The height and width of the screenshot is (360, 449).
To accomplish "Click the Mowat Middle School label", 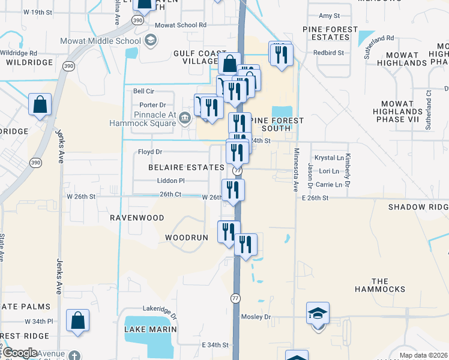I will point(100,40).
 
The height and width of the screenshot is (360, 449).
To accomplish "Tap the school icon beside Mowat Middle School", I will point(151,40).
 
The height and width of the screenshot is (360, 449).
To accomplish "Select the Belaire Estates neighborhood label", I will point(187,167).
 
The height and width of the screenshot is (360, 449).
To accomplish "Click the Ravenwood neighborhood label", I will point(137,218).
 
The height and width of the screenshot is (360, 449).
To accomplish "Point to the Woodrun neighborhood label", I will point(187,238).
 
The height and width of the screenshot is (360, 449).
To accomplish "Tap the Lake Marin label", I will point(151,329).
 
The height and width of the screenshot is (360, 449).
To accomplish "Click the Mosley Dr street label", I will point(256,316).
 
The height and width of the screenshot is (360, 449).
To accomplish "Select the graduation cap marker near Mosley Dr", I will point(318,314).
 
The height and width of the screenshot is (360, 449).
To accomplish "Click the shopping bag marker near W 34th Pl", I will point(78,321).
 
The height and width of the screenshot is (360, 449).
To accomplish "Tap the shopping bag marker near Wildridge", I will point(40,105).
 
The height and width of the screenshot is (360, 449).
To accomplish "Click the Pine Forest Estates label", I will point(330,33).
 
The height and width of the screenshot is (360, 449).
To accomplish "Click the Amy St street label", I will point(330,16).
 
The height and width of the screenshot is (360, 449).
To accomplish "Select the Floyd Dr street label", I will point(150,152).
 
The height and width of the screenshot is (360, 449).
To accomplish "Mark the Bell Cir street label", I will point(144,91).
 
